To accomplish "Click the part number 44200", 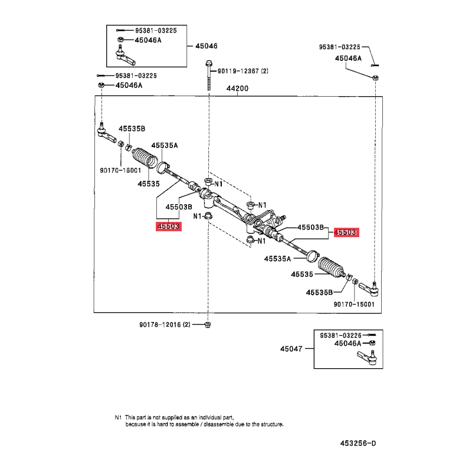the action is tap(237, 88).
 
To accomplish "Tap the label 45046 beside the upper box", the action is tap(206, 46).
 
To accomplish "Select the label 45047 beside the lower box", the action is tap(291, 349).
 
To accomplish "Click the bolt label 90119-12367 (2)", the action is tap(242, 71).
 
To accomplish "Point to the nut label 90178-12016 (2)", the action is tap(165, 324).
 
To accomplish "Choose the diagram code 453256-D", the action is tap(358, 444).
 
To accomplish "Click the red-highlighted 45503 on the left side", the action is tap(169, 227).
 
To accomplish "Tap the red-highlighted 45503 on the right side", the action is tap(346, 232).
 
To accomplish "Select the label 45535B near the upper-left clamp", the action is tap(132, 129).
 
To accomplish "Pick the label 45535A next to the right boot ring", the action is tap(277, 259).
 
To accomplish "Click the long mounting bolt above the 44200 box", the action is tap(209, 76).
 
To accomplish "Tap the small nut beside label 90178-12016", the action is tap(208, 324).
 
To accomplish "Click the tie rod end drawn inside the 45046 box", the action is tap(125, 55).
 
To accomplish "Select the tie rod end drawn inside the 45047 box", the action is tap(368, 357).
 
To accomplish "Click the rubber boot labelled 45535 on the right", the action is tap(331, 267).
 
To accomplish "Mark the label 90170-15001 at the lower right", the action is tap(354, 304).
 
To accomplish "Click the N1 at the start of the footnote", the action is tap(118, 418).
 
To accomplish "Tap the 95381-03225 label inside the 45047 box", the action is tap(340, 335).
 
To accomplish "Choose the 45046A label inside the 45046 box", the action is tap(148, 40).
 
